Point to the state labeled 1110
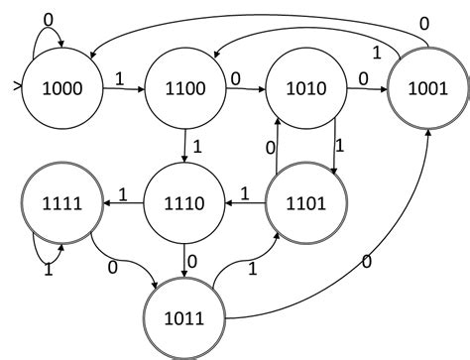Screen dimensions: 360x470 tap(184, 204)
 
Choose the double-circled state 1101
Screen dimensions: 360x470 tap(304, 204)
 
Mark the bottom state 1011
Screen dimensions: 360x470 tap(184, 318)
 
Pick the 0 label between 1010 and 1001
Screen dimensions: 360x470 tap(363, 76)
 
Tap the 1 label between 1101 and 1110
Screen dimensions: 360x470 tap(244, 191)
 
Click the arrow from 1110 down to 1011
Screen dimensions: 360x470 tap(185, 260)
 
